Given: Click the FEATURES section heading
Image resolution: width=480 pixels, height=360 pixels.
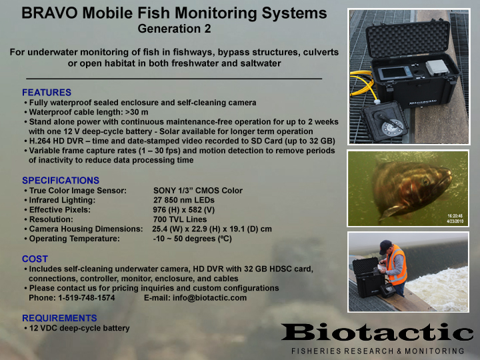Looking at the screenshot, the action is tap(47, 93).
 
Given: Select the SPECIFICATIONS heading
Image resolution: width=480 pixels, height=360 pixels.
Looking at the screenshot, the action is tap(61, 180).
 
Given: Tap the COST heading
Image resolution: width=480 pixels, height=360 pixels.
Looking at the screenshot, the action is tap(35, 259).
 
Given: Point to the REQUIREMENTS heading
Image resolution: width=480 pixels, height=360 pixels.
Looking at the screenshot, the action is tap(59, 318).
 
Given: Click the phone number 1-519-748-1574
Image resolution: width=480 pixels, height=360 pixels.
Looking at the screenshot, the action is tap(87, 298).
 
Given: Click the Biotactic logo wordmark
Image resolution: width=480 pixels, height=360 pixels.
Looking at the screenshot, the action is tap(377, 332).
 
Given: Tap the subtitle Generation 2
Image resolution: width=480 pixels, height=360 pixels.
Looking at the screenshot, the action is tap(174, 29).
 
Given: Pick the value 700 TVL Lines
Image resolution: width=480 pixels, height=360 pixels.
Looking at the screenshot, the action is tap(180, 219).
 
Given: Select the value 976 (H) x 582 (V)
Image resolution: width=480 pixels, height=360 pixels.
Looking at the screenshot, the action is tap(184, 210).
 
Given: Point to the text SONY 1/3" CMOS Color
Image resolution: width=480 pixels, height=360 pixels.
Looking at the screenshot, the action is tap(198, 191).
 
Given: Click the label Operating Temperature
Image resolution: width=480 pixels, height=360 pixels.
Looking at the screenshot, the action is tap(75, 239).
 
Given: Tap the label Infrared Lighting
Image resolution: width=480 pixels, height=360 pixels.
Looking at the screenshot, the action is tap(62, 200).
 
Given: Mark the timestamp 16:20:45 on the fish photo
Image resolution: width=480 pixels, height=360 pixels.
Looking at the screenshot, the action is tap(455, 216).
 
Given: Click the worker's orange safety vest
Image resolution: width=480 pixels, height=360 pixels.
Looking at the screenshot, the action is tap(397, 265).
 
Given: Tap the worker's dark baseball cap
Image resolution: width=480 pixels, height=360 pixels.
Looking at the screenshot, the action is tap(385, 246).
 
